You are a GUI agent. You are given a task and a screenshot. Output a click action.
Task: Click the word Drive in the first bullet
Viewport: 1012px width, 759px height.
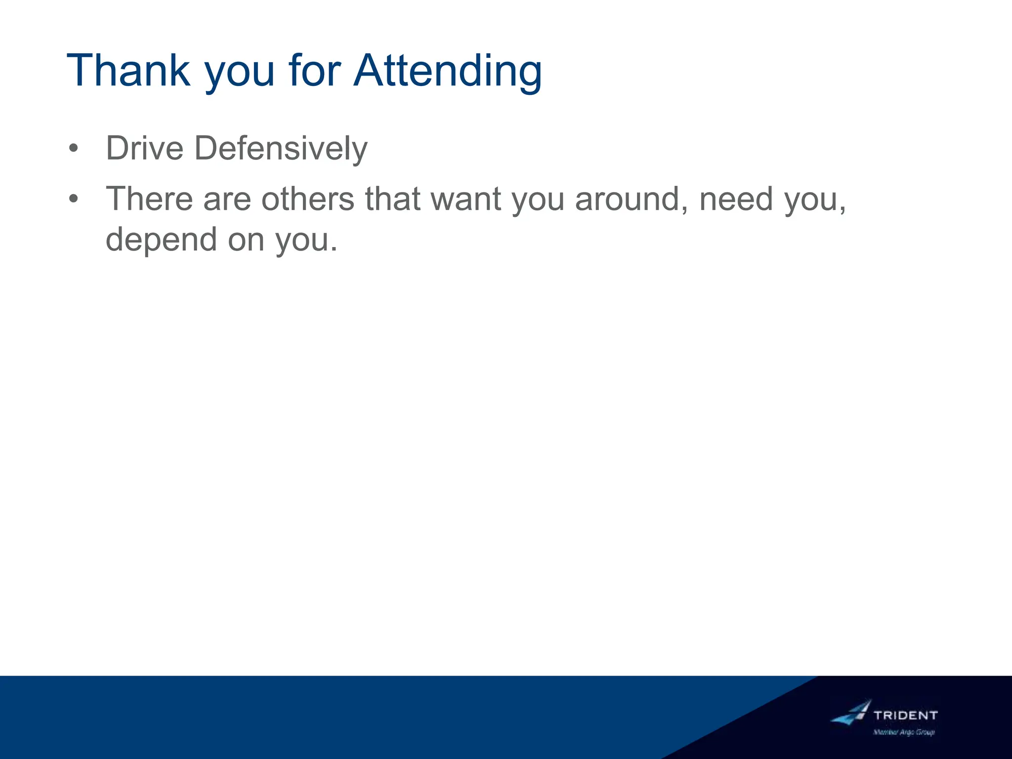point(144,148)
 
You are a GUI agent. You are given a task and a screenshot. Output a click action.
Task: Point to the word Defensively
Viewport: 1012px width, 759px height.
point(281,148)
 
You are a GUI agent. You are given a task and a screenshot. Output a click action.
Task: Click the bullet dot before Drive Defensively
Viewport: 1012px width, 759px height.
point(74,148)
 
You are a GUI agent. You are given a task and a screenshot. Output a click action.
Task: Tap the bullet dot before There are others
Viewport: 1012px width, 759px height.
point(74,199)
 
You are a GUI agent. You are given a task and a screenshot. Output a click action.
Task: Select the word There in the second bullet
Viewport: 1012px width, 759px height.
point(149,199)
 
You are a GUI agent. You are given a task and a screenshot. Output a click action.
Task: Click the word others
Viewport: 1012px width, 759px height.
point(307,199)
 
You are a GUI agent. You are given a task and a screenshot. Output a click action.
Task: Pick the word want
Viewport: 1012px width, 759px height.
point(466,199)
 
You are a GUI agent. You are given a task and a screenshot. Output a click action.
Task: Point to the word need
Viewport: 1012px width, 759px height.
point(736,199)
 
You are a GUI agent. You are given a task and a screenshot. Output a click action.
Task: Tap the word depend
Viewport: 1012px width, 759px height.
point(161,239)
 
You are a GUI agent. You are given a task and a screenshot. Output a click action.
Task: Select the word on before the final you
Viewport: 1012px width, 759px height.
point(246,239)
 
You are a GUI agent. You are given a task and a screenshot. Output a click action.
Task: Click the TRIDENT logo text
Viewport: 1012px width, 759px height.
point(905,715)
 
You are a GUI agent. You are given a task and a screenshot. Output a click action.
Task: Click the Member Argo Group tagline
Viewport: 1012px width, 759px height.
point(904,732)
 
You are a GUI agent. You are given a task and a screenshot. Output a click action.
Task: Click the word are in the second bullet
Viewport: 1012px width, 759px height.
point(227,199)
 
